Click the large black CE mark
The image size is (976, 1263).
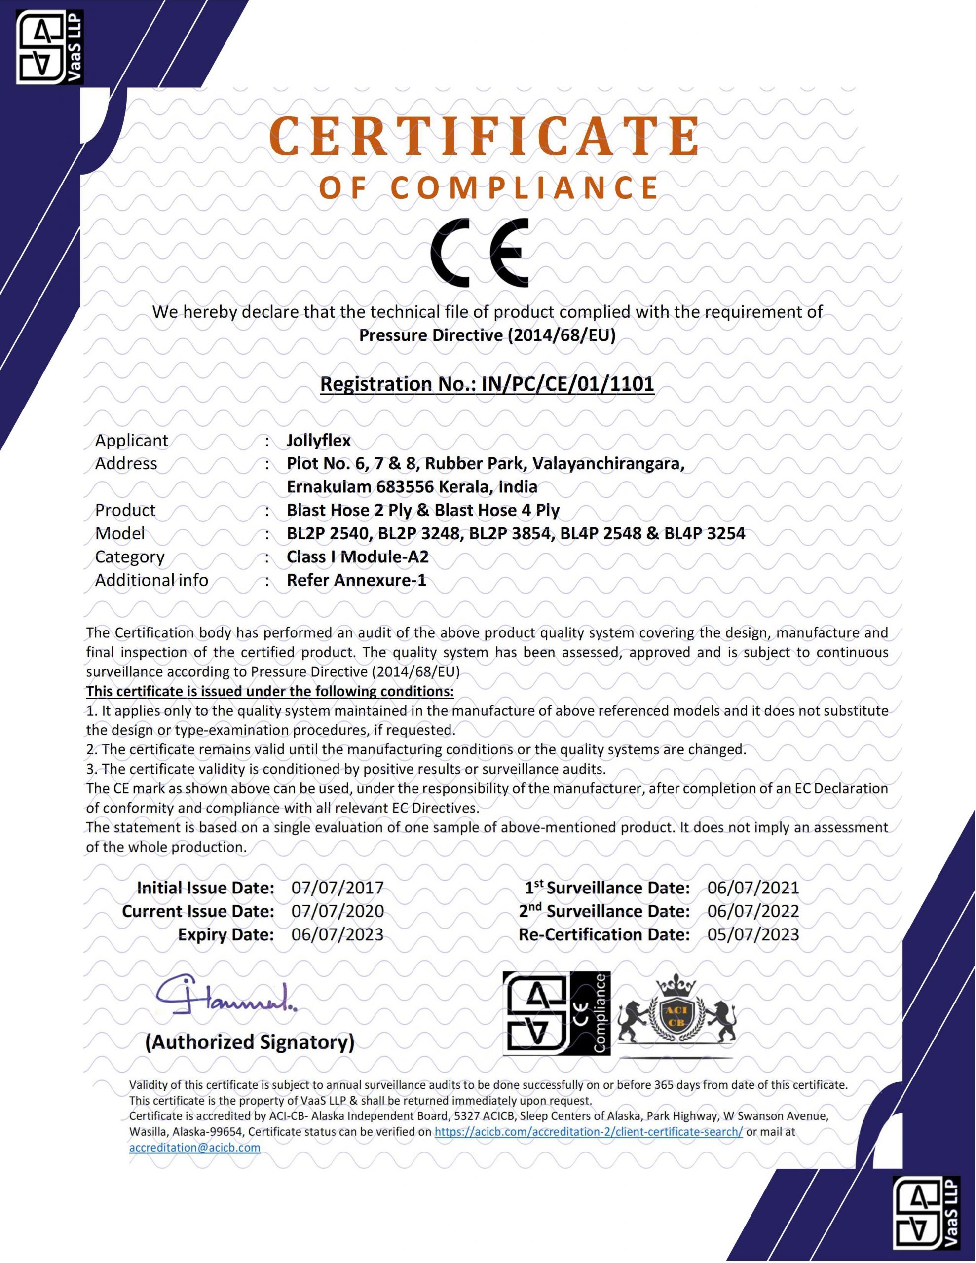(479, 253)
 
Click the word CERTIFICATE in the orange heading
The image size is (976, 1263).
(485, 137)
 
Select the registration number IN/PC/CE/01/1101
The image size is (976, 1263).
(567, 383)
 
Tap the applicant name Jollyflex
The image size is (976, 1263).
(319, 441)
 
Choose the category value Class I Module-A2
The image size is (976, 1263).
(358, 557)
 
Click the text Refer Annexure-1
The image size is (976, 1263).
(356, 580)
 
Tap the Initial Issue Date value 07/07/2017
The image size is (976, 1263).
(338, 888)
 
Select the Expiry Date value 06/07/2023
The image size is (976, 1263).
(338, 934)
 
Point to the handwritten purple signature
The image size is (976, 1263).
(225, 998)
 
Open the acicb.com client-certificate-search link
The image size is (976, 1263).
(588, 1132)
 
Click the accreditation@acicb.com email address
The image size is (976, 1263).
(194, 1148)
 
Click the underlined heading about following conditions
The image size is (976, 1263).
(269, 691)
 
